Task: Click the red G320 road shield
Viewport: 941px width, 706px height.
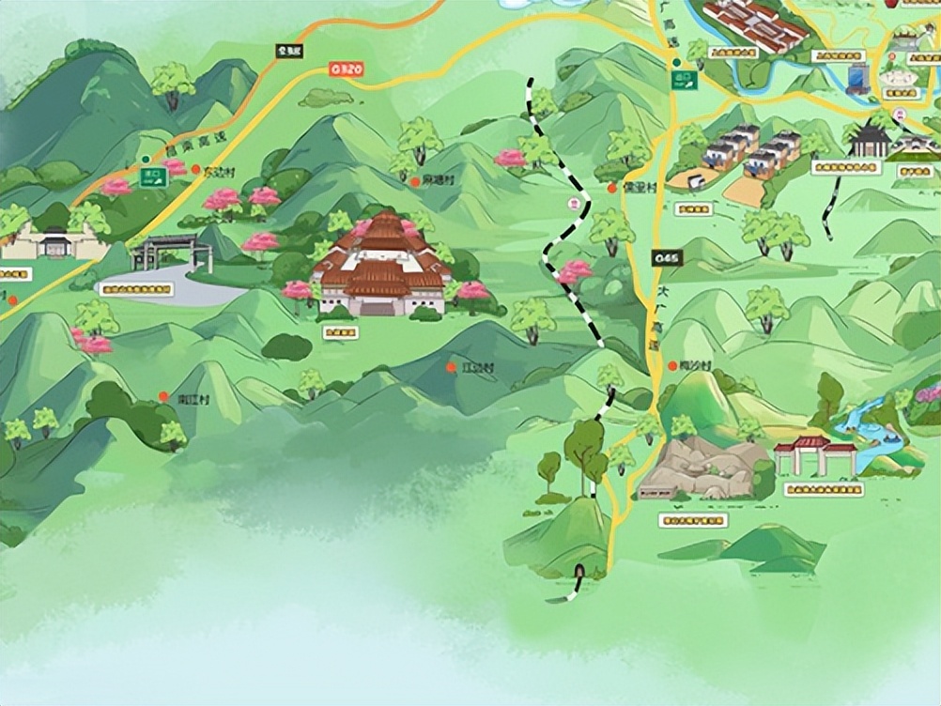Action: coord(345,69)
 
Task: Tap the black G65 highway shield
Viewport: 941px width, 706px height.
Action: coord(667,257)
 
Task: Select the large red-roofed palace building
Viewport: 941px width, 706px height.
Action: coord(380,268)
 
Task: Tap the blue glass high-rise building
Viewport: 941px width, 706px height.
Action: coord(857,79)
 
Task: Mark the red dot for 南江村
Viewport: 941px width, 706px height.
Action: coord(163,397)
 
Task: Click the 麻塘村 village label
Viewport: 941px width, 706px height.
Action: coord(437,179)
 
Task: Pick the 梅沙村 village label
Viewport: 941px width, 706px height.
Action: coord(695,365)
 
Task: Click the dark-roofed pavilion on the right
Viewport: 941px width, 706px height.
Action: coord(869,141)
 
